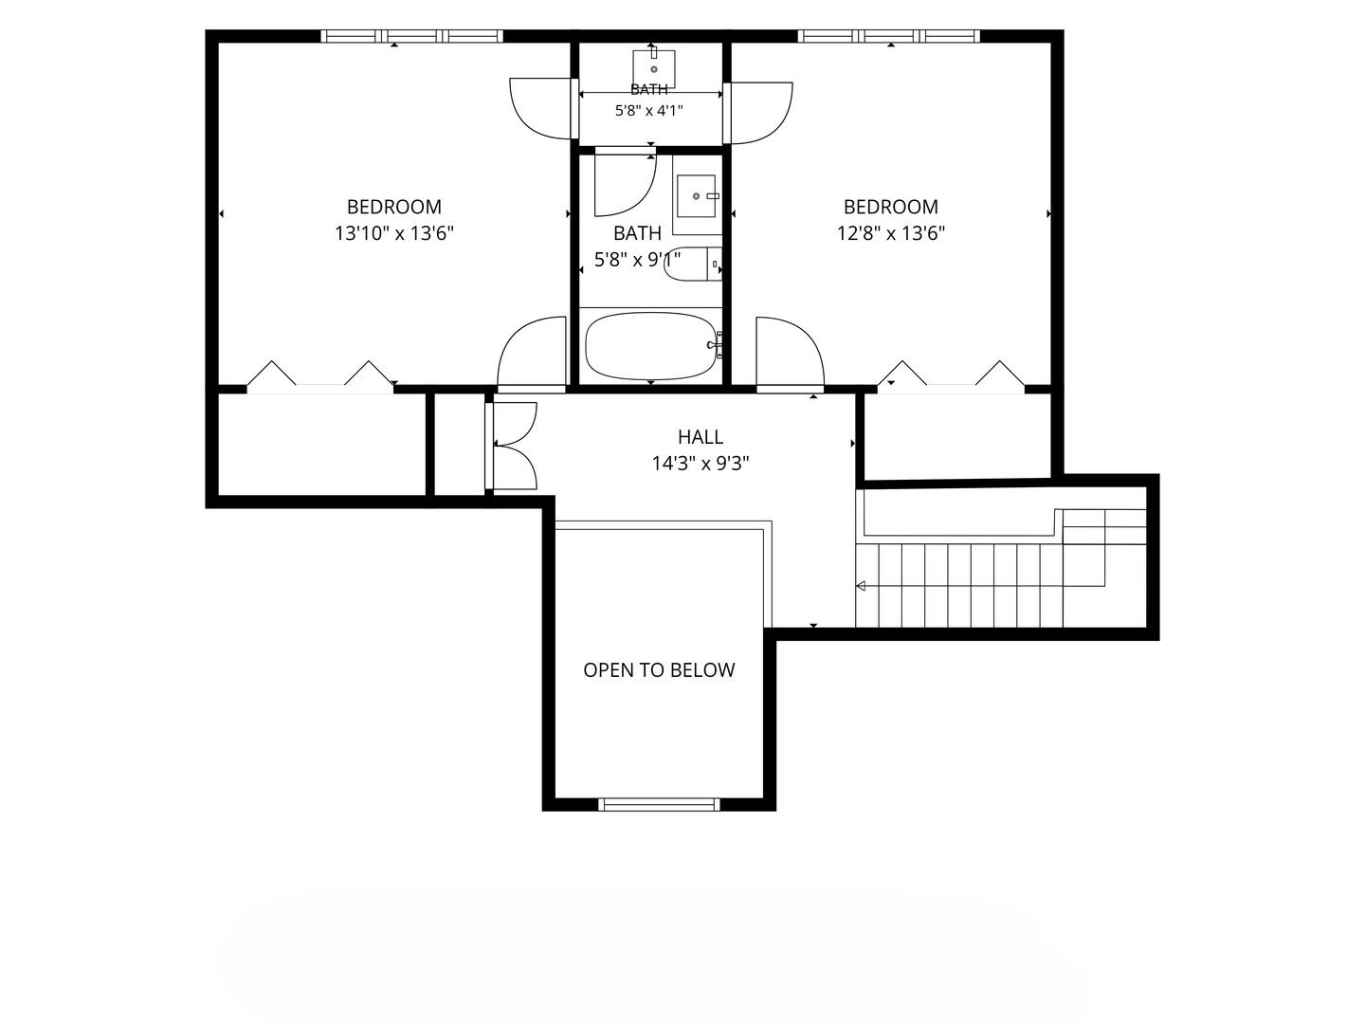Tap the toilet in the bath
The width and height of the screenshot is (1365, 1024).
692,265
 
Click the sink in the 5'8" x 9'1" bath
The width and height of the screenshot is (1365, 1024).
697,196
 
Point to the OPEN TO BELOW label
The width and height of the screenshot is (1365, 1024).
659,669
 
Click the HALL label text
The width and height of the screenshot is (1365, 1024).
701,437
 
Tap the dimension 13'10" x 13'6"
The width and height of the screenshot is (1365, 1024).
394,233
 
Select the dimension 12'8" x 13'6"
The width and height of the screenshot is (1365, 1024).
890,233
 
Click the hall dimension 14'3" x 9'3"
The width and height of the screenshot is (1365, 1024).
701,464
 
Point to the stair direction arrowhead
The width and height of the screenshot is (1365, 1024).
861,586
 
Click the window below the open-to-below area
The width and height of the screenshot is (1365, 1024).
659,805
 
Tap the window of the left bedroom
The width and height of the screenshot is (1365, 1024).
411,36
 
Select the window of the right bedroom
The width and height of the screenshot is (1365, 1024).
888,36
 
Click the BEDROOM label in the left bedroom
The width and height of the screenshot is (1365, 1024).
394,207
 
